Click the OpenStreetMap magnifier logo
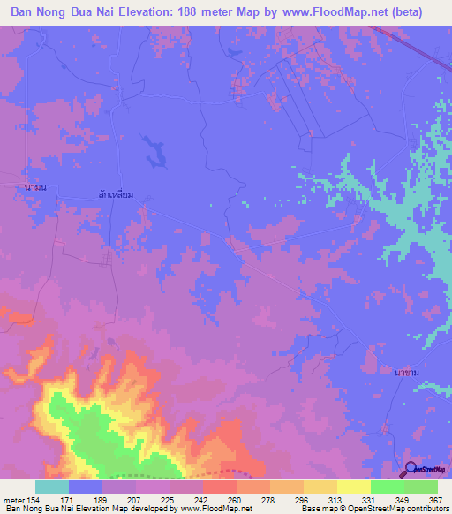click(x=410, y=469)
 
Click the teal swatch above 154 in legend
click(x=52, y=487)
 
